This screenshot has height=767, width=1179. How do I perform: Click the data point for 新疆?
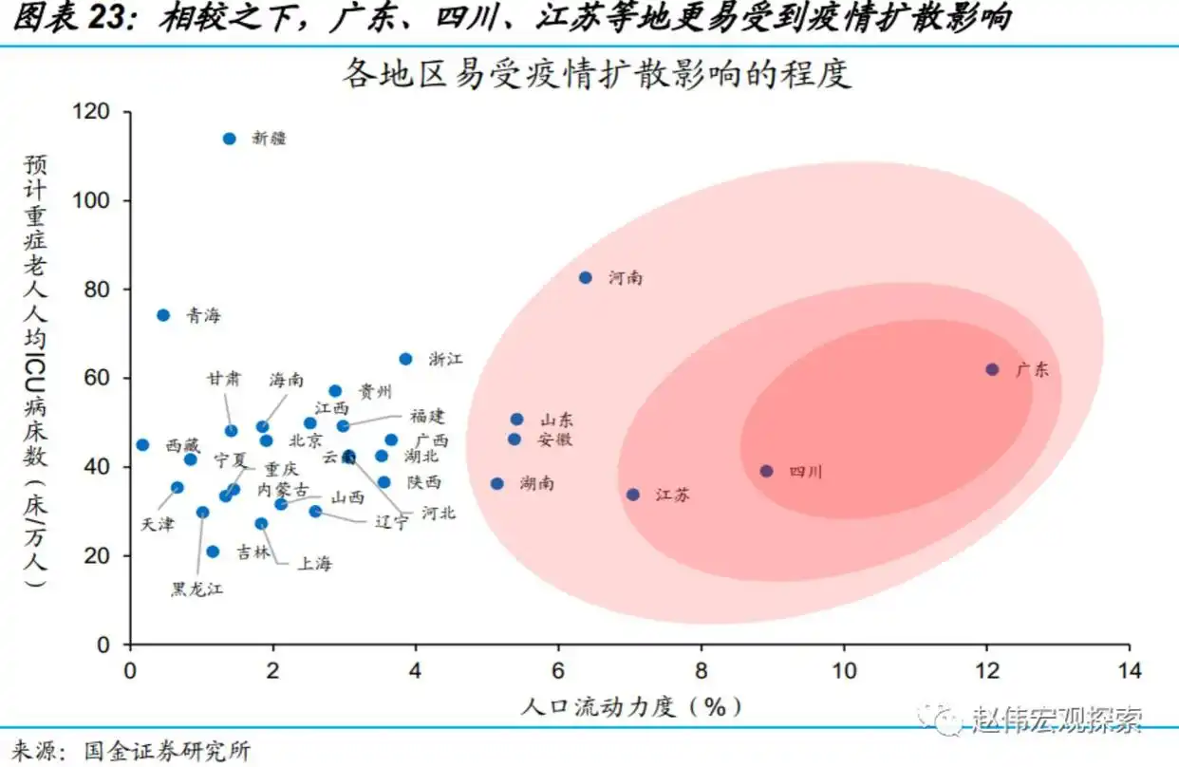coord(229,139)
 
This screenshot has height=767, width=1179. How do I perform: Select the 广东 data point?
coord(992,369)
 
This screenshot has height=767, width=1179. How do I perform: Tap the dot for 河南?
coord(586,277)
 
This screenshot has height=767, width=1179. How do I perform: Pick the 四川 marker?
coord(766,471)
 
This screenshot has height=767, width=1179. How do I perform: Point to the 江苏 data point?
coord(633,495)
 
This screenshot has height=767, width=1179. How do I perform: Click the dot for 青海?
coord(163,315)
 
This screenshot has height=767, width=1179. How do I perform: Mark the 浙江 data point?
coord(405,359)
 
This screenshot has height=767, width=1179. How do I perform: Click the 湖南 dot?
coord(496,483)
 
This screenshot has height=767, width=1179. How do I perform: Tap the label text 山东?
coord(556,420)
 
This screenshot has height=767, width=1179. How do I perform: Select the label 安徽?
coord(554,440)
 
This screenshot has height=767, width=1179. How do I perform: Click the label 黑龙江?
coord(196,589)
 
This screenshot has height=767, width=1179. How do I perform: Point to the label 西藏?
coord(183,445)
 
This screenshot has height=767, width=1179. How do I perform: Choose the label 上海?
coord(315,564)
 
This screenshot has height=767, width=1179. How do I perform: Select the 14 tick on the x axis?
coord(1129,670)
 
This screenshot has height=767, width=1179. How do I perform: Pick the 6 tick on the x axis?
coord(558,670)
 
